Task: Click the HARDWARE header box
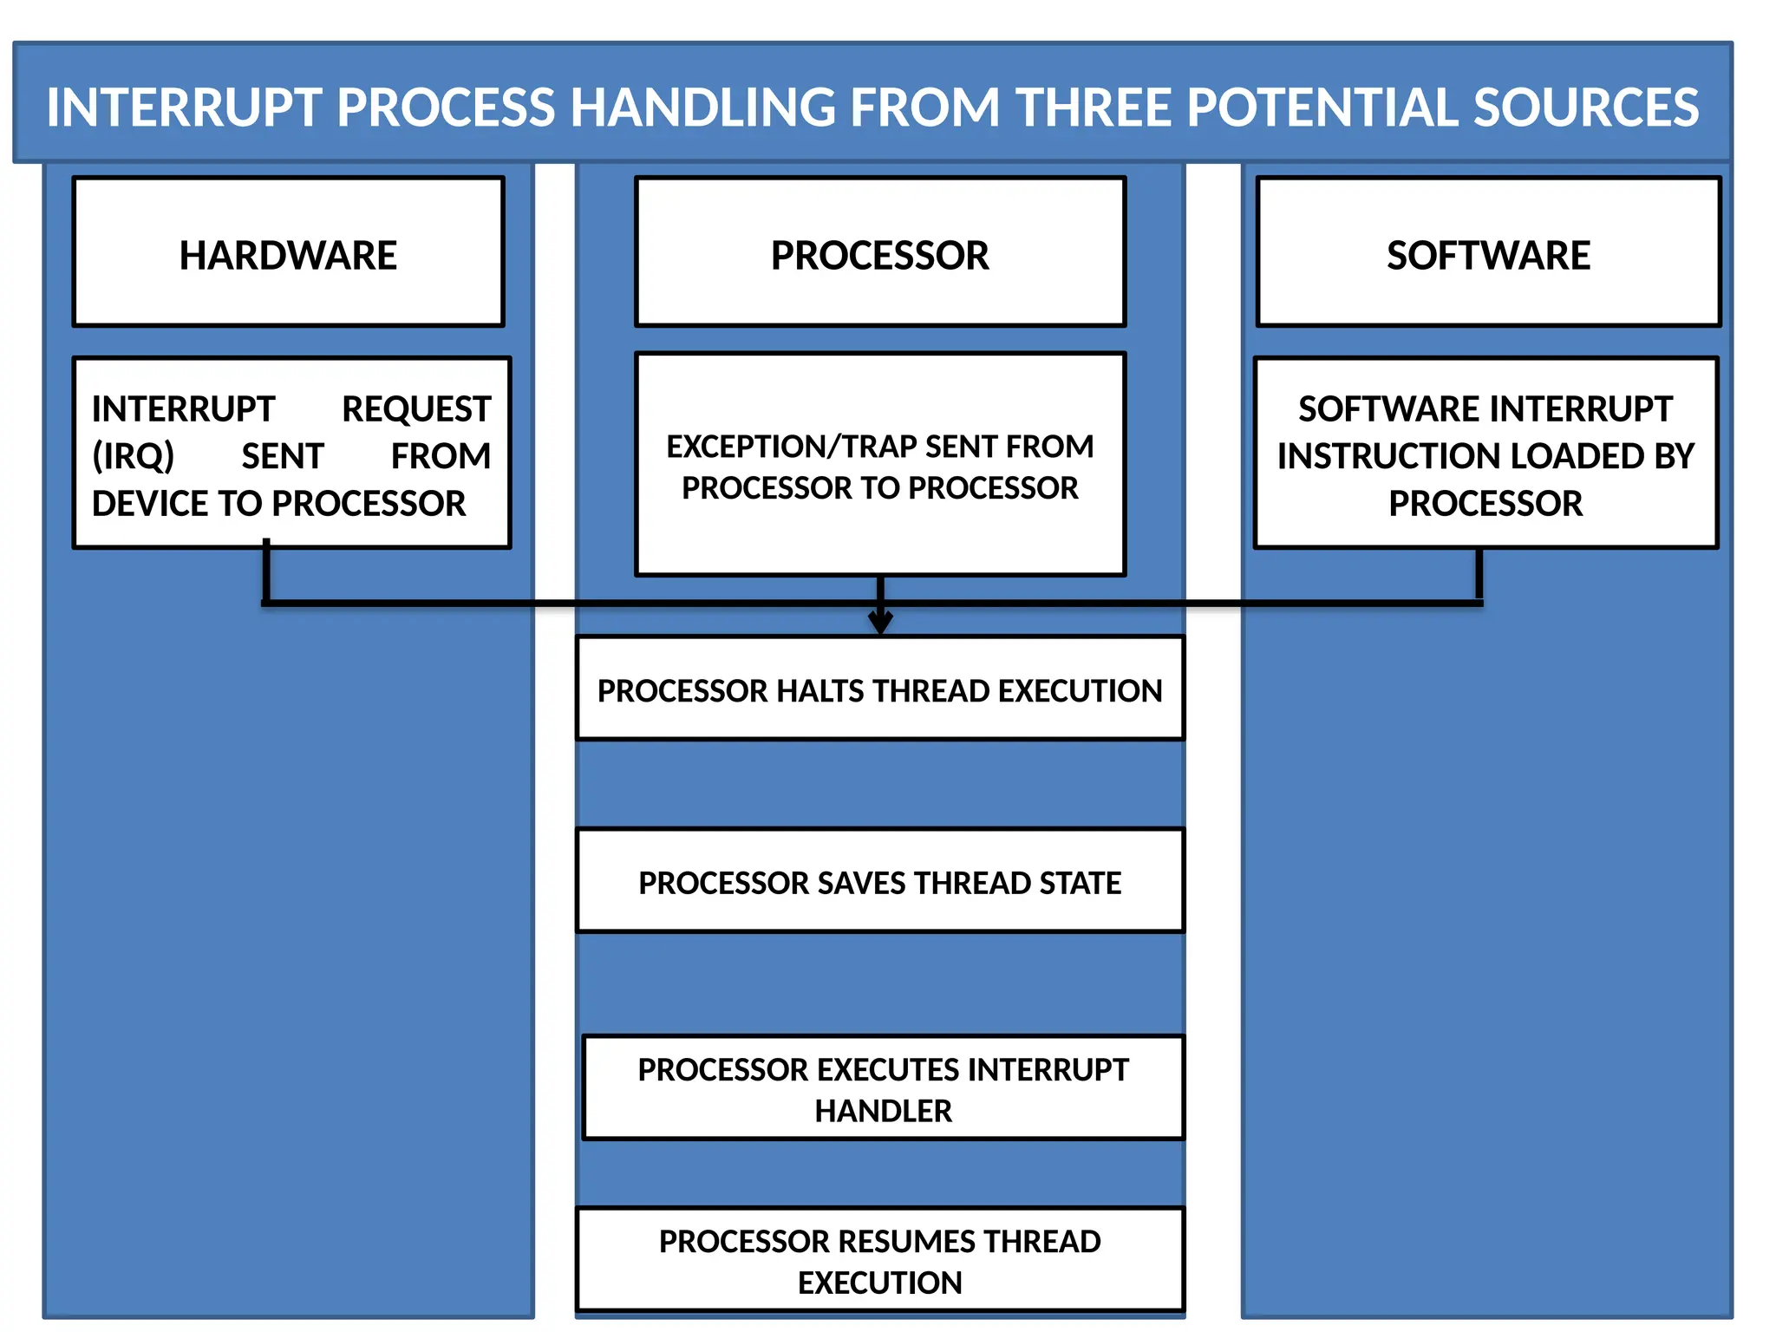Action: (288, 252)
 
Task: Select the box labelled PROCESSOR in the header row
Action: (879, 252)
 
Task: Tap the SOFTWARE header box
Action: (1487, 252)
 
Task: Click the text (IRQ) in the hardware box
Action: (134, 456)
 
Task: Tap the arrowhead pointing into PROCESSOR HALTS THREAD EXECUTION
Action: (880, 623)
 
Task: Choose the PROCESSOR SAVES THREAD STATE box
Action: (879, 881)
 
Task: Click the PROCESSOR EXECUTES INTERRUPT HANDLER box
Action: (883, 1087)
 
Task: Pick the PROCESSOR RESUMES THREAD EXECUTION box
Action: (879, 1259)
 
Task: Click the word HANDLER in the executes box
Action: (883, 1111)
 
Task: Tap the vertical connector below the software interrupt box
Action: (1479, 574)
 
